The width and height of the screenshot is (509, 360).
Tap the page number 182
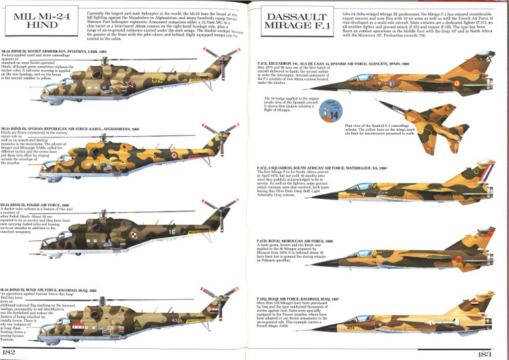pyautogui.click(x=9, y=353)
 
